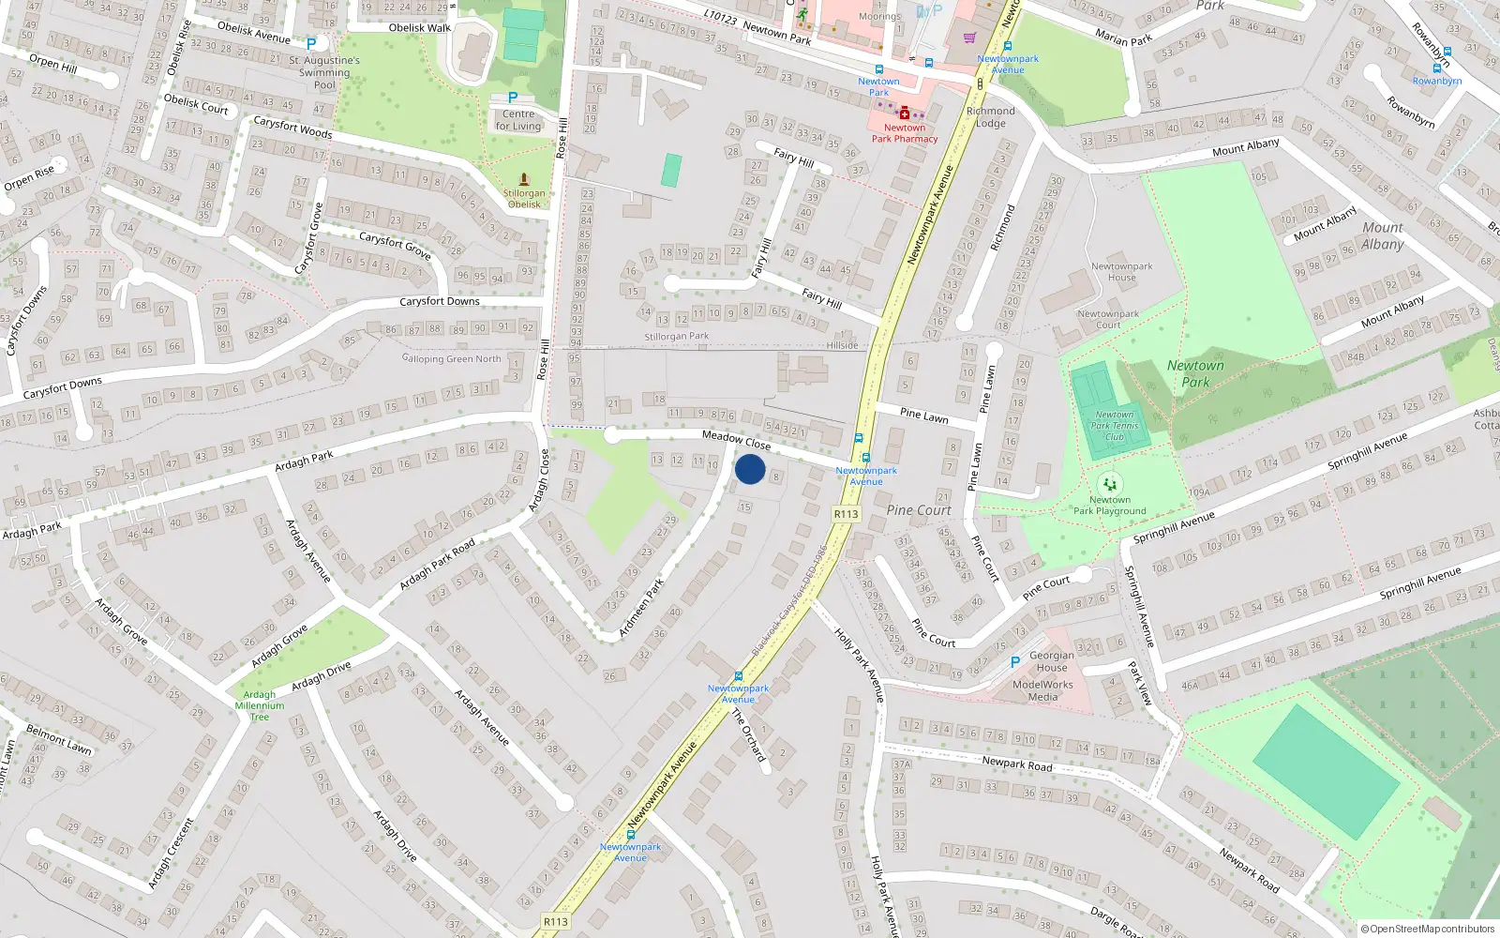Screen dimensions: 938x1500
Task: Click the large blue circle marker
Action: pyautogui.click(x=750, y=469)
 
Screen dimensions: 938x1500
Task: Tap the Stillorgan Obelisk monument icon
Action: pyautogui.click(x=524, y=179)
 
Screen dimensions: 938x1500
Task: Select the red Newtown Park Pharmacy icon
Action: pyautogui.click(x=904, y=113)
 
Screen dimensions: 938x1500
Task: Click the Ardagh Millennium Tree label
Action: pyautogui.click(x=260, y=706)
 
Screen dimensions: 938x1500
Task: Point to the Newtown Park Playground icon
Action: pyautogui.click(x=1110, y=484)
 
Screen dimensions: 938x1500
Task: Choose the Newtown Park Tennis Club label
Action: pyautogui.click(x=1115, y=426)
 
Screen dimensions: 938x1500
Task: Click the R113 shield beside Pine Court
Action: pyautogui.click(x=846, y=514)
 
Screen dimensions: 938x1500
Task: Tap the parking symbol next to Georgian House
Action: pyautogui.click(x=1014, y=662)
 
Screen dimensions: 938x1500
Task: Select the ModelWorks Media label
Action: pyautogui.click(x=1042, y=691)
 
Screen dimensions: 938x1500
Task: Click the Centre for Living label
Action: pyautogui.click(x=518, y=120)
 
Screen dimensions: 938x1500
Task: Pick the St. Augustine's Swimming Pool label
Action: pyautogui.click(x=324, y=72)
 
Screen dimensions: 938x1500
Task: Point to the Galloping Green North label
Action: pyautogui.click(x=452, y=358)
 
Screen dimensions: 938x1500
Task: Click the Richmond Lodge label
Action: pyautogui.click(x=990, y=117)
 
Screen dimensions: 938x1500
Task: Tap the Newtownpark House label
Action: pyautogui.click(x=1121, y=272)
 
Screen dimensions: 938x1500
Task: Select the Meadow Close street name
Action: pyautogui.click(x=736, y=439)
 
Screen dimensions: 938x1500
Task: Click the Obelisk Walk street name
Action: pyautogui.click(x=419, y=28)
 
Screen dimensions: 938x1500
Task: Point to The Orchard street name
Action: pyautogui.click(x=748, y=734)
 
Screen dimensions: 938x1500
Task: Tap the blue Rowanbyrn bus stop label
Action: pyautogui.click(x=1436, y=81)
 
